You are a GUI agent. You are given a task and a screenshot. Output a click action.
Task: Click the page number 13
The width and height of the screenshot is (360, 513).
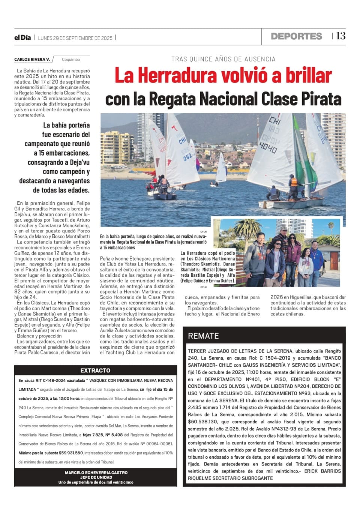pyautogui.click(x=340, y=36)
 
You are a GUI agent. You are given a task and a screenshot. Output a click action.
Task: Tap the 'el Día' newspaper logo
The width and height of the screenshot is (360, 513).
pyautogui.click(x=22, y=37)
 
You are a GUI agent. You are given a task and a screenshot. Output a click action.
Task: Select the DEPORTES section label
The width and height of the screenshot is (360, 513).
pyautogui.click(x=296, y=36)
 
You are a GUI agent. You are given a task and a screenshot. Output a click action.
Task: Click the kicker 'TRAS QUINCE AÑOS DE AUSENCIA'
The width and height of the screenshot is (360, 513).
pyautogui.click(x=223, y=59)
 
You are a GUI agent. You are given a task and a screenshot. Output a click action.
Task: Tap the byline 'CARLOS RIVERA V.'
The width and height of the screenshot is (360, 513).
pyautogui.click(x=32, y=60)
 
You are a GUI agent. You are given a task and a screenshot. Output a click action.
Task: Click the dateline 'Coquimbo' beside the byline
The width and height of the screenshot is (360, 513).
pyautogui.click(x=71, y=60)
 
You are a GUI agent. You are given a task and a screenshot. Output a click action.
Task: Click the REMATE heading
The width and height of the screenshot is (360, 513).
pyautogui.click(x=203, y=336)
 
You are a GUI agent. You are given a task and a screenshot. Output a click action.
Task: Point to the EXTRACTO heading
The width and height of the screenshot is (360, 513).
pyautogui.click(x=95, y=370)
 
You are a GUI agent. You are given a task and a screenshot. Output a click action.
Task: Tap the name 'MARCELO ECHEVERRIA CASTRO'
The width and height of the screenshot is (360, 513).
pyautogui.click(x=96, y=473)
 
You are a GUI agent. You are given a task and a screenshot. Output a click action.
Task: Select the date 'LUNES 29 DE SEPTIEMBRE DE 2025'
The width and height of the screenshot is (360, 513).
pyautogui.click(x=75, y=38)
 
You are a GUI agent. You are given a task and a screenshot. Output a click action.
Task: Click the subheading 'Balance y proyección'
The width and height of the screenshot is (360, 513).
pyautogui.click(x=39, y=336)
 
